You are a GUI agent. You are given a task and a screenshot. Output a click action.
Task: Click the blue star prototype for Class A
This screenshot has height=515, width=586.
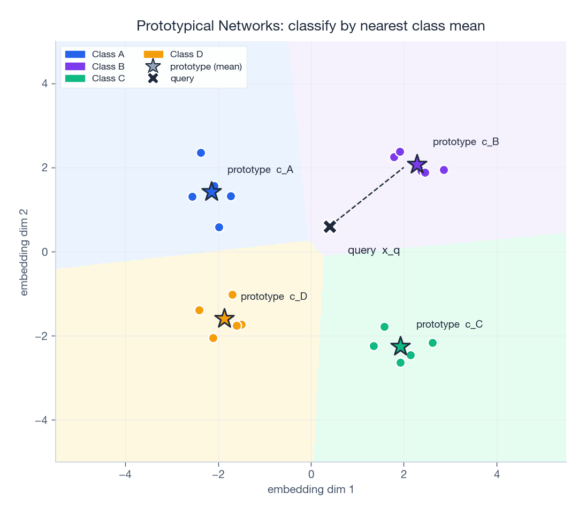tap(212, 192)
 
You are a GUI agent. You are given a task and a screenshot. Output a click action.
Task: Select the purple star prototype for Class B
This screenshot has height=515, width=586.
tap(417, 164)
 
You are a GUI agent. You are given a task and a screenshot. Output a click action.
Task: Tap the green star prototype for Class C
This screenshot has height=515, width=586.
tap(400, 346)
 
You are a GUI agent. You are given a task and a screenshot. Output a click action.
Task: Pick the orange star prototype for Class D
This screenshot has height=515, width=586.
tap(225, 319)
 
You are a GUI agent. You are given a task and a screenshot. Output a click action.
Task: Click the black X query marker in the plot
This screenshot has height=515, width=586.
tap(330, 226)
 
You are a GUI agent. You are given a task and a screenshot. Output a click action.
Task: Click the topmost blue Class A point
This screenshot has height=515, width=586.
tap(201, 153)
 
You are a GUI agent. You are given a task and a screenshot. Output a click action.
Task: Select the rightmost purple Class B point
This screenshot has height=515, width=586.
tap(444, 170)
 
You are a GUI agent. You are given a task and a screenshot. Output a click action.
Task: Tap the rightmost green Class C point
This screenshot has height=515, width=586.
tap(432, 343)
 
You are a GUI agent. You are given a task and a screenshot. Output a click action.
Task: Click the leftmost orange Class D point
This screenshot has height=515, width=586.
tap(199, 310)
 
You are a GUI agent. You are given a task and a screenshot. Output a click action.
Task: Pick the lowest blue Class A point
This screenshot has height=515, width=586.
tap(219, 227)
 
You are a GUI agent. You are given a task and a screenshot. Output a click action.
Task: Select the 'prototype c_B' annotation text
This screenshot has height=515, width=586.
tap(466, 142)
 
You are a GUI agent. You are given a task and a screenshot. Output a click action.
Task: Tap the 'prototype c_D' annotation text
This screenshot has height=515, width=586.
tap(273, 297)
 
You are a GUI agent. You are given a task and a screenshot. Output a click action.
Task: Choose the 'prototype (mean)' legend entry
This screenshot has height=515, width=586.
tap(195, 66)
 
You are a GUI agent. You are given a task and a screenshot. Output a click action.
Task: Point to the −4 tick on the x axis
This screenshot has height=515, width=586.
tap(125, 474)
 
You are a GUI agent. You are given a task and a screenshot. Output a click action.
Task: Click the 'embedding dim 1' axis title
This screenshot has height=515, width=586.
tap(310, 489)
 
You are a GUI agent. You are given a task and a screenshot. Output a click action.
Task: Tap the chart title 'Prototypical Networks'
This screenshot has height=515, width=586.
tap(310, 26)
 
